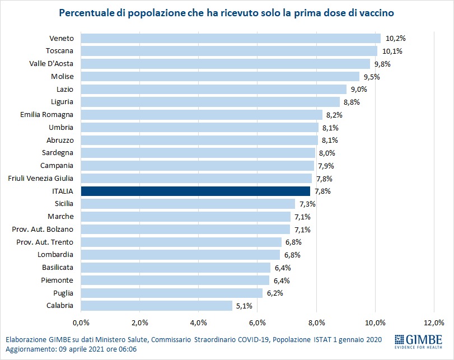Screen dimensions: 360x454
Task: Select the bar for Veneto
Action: click(231, 38)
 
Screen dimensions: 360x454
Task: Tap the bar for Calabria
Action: click(157, 305)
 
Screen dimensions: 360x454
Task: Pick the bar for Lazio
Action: click(214, 89)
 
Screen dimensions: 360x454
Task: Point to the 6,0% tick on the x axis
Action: click(258, 323)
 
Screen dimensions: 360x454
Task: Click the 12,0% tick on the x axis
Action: click(434, 323)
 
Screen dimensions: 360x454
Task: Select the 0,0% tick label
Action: click(81, 323)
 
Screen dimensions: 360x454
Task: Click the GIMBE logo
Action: click(418, 342)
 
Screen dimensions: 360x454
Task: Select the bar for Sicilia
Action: click(188, 204)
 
